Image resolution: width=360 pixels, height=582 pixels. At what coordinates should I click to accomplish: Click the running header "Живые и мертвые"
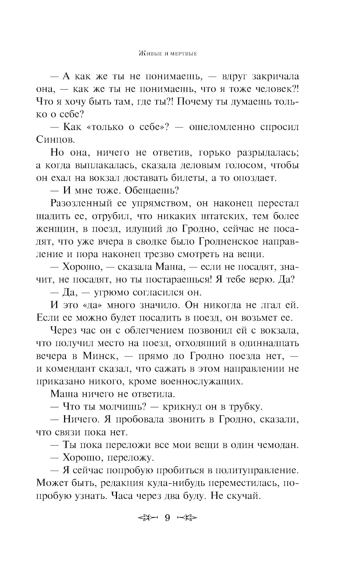[167, 54]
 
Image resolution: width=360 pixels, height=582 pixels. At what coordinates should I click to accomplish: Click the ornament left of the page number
[148, 518]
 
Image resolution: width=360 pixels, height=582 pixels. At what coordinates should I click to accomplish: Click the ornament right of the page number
[187, 518]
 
